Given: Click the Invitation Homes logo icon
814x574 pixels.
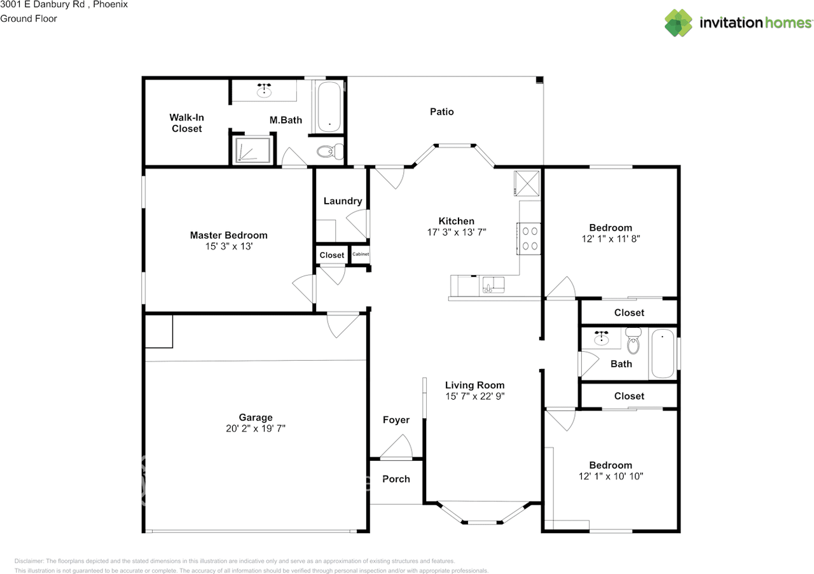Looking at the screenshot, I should (679, 23).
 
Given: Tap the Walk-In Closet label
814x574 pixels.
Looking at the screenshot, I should (186, 123).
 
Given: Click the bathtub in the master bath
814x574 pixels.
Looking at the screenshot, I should (329, 106).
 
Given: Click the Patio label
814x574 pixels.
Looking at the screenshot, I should (442, 111).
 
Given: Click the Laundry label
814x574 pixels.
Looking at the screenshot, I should (343, 201).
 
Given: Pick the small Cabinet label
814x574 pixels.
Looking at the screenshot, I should (361, 255).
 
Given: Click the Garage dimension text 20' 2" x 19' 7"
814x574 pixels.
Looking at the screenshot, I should (256, 428).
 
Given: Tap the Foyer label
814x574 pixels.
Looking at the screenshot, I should (396, 420).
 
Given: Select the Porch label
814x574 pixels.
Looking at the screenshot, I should (396, 479).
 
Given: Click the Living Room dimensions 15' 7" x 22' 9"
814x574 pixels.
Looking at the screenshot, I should (474, 396).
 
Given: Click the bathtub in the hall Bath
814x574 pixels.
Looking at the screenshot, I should (662, 353).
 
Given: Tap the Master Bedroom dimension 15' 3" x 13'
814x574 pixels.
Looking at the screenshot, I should (228, 246).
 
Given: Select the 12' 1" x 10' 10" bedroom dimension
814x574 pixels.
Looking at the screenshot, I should (610, 476).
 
